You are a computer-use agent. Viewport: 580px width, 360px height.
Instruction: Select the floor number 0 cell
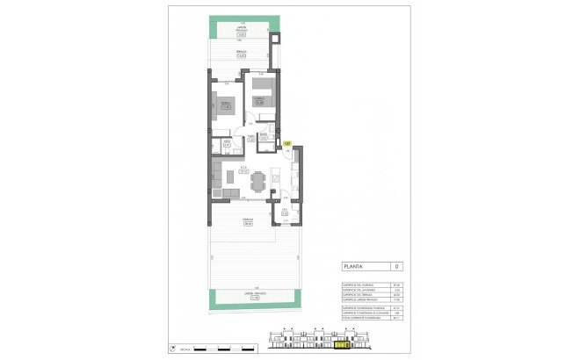[397, 266]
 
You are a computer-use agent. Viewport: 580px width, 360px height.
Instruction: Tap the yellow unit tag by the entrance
[287, 143]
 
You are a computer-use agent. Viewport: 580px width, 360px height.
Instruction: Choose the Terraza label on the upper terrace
[240, 54]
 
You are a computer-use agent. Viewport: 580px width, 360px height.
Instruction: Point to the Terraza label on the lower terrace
[248, 222]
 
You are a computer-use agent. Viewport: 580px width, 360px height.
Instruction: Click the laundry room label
[284, 211]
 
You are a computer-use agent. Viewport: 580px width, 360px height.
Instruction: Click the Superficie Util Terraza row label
[359, 293]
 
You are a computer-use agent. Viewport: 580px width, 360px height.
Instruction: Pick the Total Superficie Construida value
[397, 320]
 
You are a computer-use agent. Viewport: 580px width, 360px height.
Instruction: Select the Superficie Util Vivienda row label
[359, 284]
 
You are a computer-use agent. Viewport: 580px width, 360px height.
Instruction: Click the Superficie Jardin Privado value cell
[397, 299]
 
